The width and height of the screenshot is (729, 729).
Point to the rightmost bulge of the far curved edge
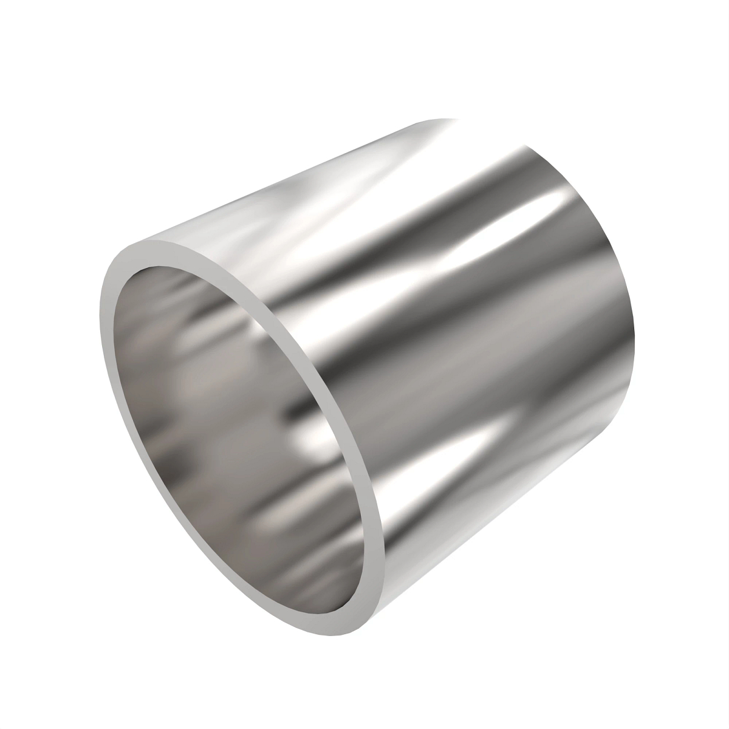point(634,328)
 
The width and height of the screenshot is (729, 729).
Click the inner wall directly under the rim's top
point(182,273)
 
